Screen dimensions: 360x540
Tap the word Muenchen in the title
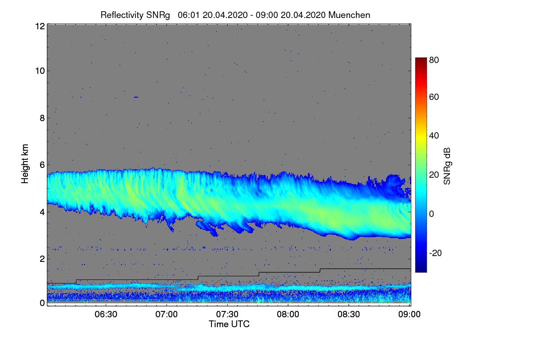coord(349,15)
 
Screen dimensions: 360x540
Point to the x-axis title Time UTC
coord(229,324)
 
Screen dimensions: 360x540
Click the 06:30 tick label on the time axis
coord(106,315)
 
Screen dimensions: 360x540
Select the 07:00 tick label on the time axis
coord(166,315)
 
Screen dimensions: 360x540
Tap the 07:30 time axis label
coord(227,315)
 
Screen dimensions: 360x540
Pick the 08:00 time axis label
coord(288,315)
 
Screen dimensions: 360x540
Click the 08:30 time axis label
coord(349,315)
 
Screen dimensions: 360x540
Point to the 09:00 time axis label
coord(410,315)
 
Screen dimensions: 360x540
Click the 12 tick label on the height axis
coord(39,26)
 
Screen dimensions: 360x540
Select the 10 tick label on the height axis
coord(39,71)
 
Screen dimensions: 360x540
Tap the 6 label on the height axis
coord(41,165)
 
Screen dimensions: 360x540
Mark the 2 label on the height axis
coord(41,259)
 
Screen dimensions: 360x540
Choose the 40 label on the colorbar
coord(434,135)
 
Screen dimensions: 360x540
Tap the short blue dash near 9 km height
coord(136,97)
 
